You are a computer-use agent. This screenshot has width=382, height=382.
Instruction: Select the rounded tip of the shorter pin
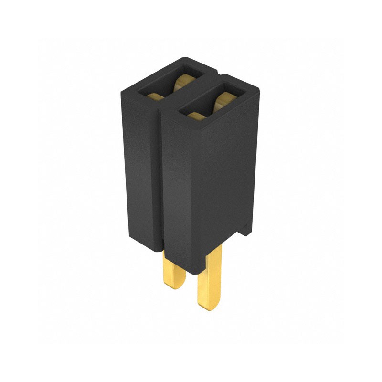pos(175,285)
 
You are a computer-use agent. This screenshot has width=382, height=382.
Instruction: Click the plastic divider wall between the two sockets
pos(191,95)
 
